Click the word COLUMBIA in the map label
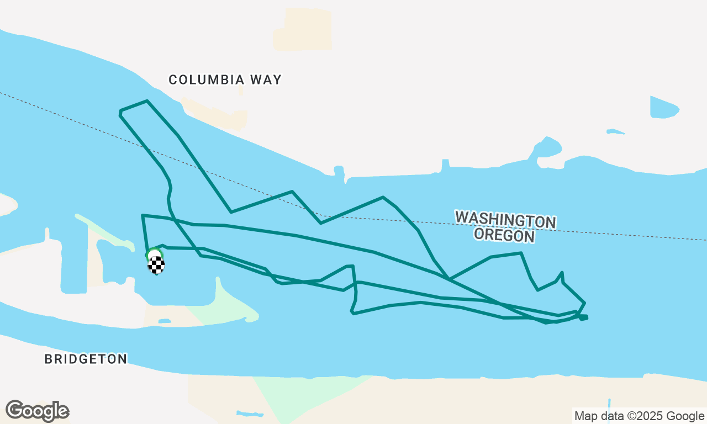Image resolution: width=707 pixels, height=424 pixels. coord(207,80)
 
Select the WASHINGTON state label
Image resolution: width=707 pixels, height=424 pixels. coord(505,220)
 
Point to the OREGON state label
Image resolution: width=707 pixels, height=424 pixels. coord(505,236)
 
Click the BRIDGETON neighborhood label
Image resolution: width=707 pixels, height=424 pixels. coord(86,359)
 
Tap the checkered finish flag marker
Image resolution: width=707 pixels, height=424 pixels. coord(156,265)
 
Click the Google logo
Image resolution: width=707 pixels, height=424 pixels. coord(37,411)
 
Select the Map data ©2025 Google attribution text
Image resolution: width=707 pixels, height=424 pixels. coord(639,416)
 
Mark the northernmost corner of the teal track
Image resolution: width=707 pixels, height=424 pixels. coord(147,101)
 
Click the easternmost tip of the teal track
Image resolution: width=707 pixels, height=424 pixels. coord(587,317)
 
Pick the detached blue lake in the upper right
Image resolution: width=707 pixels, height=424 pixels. coord(663,108)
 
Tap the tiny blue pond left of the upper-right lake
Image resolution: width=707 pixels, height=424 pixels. coord(615,132)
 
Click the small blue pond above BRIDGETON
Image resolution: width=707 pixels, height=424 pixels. coord(165,321)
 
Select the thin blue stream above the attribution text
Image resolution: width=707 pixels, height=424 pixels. coord(609,404)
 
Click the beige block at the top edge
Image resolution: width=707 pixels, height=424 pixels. coord(303,29)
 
